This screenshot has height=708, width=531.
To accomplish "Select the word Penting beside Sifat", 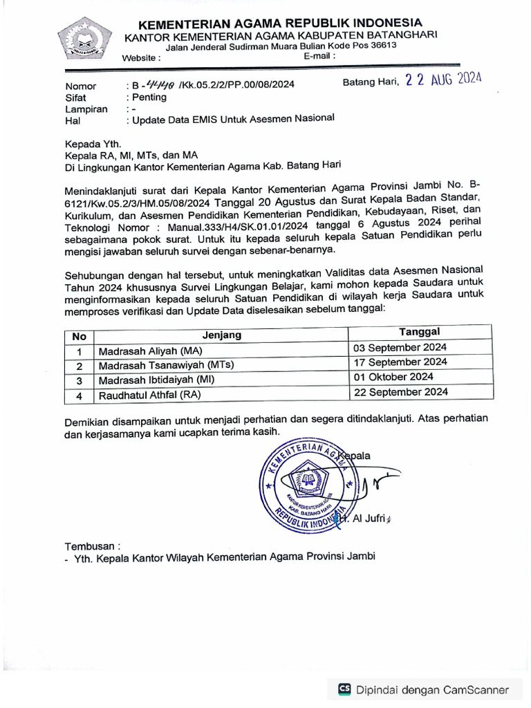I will (x=149, y=97).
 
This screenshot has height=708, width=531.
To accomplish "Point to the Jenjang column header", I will (x=222, y=335).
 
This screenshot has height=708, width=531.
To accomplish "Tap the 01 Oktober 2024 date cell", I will (x=393, y=377).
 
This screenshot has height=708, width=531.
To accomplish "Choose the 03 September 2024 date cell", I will (x=400, y=348).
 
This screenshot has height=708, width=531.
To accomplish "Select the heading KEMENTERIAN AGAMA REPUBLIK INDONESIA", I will (x=280, y=24).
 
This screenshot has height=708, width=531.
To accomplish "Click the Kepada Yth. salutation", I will (x=93, y=145).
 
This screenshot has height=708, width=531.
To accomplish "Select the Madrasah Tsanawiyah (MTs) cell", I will (x=166, y=365).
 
